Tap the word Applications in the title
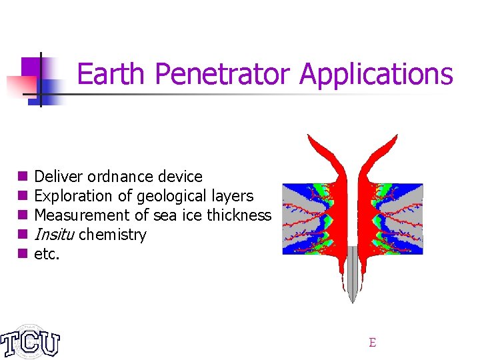pos(376,74)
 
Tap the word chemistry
pos(112,235)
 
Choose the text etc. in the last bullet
pos(47,254)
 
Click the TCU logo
pos(30,342)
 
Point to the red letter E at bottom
pos(372,343)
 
